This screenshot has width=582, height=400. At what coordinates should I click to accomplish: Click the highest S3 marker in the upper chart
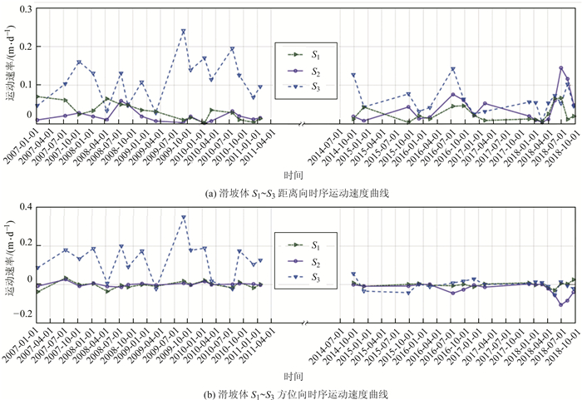click(x=183, y=32)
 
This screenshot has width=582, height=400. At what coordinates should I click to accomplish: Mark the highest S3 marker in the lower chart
click(x=183, y=218)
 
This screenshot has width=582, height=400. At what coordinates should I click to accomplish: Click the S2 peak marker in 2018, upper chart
click(x=561, y=68)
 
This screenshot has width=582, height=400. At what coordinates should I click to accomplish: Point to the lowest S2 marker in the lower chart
click(x=561, y=304)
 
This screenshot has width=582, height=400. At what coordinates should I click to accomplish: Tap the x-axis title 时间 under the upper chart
click(x=292, y=175)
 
